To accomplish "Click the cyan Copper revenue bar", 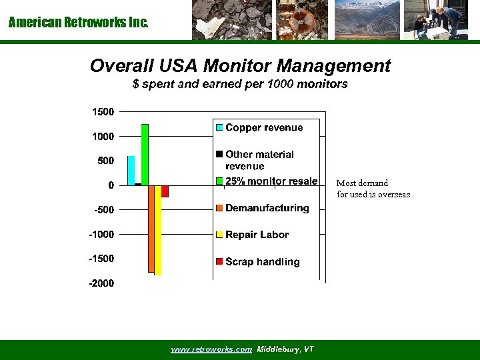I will [x=131, y=171].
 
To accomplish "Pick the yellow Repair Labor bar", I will [x=158, y=230].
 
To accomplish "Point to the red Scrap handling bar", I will [x=165, y=191].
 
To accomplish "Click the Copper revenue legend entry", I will [x=263, y=127].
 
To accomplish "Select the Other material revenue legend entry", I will [x=259, y=160].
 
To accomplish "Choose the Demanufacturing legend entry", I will [x=267, y=208].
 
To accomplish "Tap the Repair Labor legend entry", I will [x=257, y=235].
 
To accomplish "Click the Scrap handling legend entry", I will [x=262, y=262].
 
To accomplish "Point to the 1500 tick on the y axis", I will [x=103, y=111].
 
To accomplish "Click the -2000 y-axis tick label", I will [x=101, y=283].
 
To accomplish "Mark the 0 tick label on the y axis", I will [x=111, y=185].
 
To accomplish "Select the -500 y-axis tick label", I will [x=103, y=210].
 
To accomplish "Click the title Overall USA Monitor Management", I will [x=240, y=66].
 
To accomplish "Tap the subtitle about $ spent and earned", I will [x=240, y=85].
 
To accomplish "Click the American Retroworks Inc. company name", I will [x=79, y=23].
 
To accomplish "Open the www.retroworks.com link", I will [x=211, y=349].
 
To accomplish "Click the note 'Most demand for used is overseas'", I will [x=373, y=189].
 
